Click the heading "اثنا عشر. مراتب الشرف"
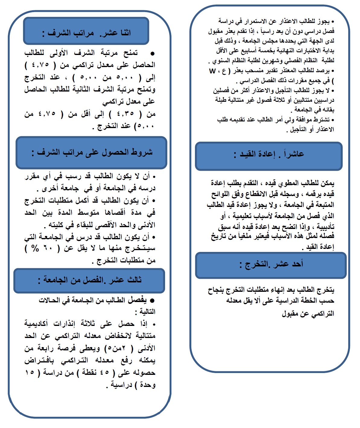click(x=87, y=33)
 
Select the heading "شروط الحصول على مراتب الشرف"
click(x=92, y=152)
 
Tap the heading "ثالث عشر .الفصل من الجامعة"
click(x=90, y=280)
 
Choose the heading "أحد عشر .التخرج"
click(x=271, y=264)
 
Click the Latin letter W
click(x=212, y=71)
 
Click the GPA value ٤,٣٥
click(x=125, y=114)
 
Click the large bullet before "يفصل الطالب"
click(x=152, y=301)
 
